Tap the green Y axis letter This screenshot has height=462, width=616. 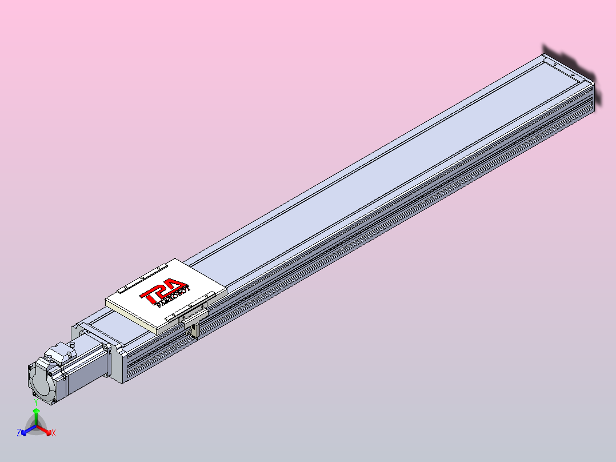(x=36, y=403)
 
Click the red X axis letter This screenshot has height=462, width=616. (x=54, y=433)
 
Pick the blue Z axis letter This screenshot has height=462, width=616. (x=19, y=433)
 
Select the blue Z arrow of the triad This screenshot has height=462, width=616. (x=26, y=430)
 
